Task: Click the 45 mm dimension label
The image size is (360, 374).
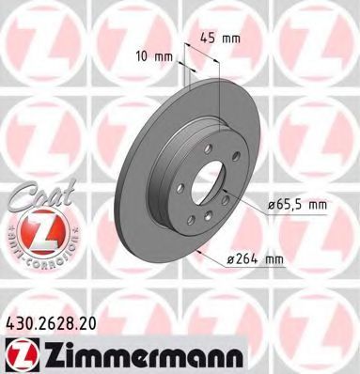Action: (x=221, y=39)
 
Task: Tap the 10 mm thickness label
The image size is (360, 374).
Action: (x=154, y=57)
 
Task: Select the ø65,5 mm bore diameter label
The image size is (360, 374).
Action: (x=297, y=205)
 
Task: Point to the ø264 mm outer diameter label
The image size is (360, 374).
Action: (x=255, y=259)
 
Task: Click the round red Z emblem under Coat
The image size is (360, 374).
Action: (x=41, y=230)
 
